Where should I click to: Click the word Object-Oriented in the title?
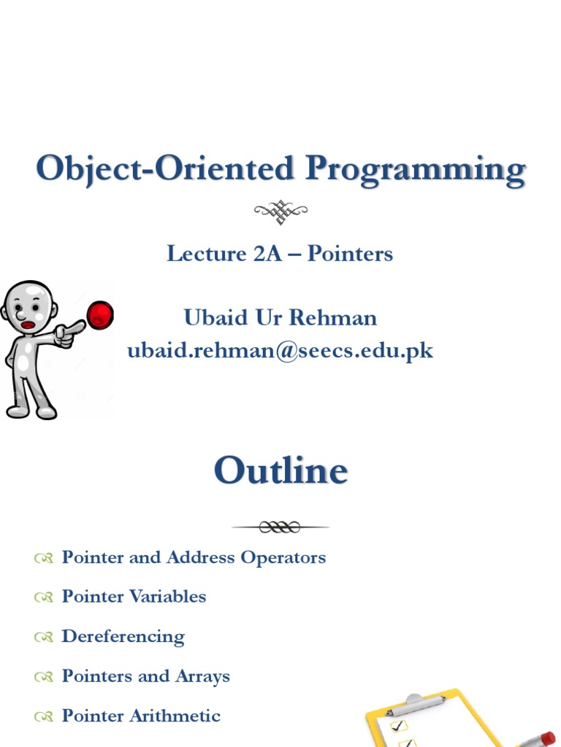[164, 169]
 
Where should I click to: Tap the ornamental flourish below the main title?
[280, 211]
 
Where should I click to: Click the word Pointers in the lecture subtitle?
[350, 254]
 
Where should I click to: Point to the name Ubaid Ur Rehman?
[280, 317]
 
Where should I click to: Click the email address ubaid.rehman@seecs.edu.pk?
[280, 351]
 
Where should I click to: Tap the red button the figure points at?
[100, 315]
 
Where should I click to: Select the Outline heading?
[280, 471]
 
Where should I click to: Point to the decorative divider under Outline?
[280, 526]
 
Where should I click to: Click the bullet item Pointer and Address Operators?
[194, 558]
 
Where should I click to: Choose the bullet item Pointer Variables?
[134, 597]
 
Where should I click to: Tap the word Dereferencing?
[123, 636]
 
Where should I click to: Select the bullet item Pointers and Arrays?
[145, 676]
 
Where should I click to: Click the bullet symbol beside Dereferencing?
[42, 638]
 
